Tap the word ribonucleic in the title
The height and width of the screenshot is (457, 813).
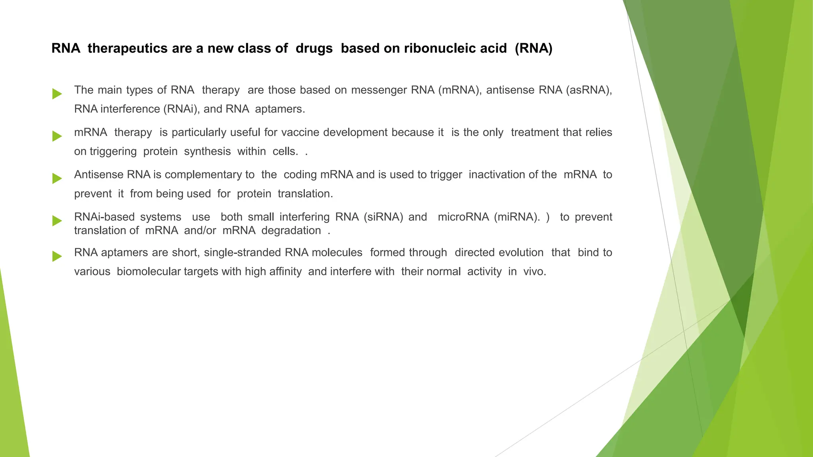[455, 48]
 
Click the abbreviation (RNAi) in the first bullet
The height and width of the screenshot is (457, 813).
[180, 109]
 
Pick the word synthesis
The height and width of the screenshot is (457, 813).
[207, 152]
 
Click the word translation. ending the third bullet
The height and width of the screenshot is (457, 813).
[305, 194]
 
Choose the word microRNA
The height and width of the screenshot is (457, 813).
[463, 217]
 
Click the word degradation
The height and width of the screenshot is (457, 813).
[291, 230]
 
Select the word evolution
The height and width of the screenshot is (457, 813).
[521, 253]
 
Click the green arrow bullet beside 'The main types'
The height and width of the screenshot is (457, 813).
[57, 94]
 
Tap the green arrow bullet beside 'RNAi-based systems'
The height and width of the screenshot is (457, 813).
[57, 221]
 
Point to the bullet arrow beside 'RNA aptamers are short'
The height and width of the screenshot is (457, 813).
[57, 256]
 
